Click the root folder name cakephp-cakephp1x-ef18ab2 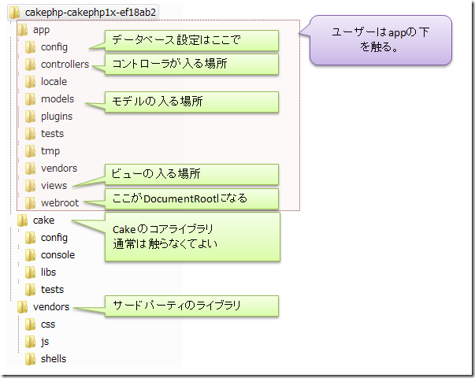91,13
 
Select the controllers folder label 65,65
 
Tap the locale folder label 54,81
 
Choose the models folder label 58,99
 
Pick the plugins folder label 57,117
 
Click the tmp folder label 50,151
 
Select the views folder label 54,186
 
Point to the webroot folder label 60,203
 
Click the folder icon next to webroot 30,203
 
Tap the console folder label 58,255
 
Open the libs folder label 49,272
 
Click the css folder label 48,324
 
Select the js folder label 45,342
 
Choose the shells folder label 54,359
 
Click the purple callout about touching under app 380,40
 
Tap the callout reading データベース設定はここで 191,41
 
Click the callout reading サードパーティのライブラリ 191,306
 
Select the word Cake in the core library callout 124,230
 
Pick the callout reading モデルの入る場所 191,102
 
